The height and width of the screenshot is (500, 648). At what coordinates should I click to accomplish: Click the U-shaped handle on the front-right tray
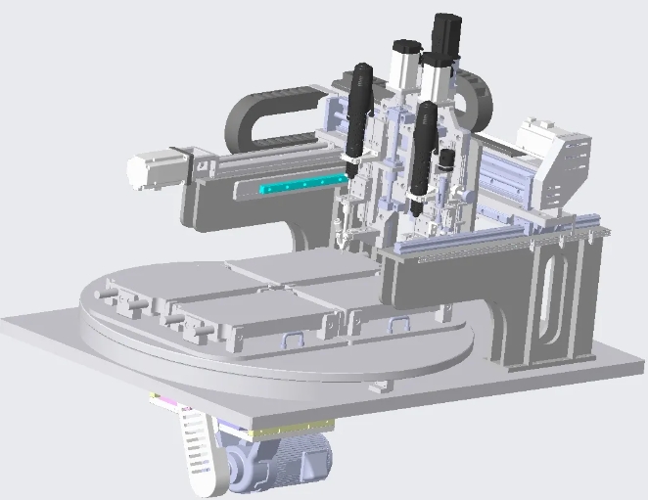click(x=399, y=324)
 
